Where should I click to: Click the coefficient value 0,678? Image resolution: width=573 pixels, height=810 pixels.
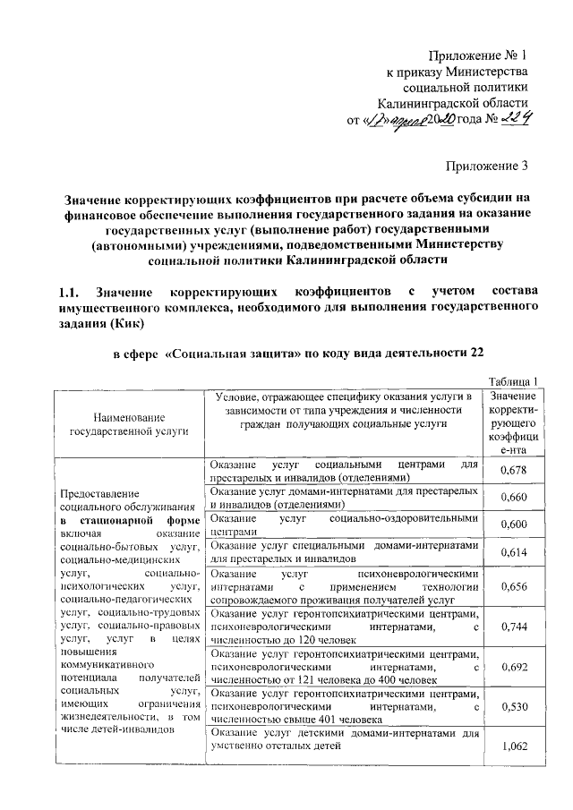512,470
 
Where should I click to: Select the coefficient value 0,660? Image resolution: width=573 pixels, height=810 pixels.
512,497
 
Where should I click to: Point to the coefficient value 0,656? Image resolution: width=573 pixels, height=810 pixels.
512,586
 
